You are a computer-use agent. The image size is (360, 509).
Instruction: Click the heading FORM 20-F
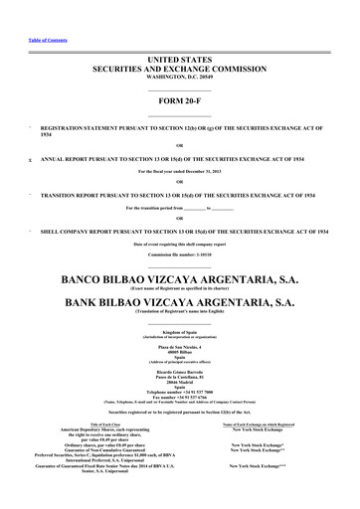click(179, 101)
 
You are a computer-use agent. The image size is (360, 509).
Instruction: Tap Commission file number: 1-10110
click(179, 255)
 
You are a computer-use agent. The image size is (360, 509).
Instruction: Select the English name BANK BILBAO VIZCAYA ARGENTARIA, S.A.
click(179, 302)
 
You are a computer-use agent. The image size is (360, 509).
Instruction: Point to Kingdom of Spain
click(179, 330)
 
